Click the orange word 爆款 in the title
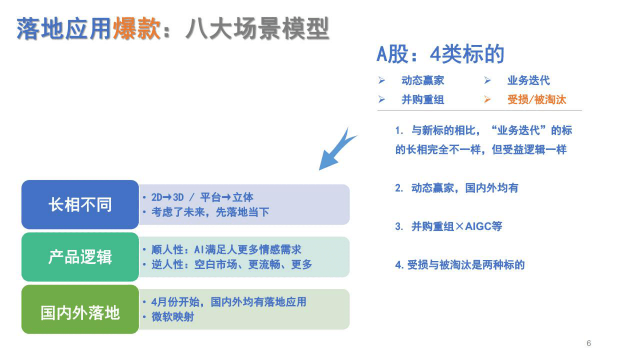[x=137, y=29]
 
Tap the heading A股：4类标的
[x=440, y=54]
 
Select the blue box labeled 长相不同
[x=80, y=205]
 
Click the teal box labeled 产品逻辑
[x=80, y=257]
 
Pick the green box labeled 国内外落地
[x=80, y=313]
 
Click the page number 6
[x=588, y=343]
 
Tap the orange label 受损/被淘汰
[x=536, y=100]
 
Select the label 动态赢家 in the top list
[x=423, y=80]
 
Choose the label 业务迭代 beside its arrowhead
[x=528, y=80]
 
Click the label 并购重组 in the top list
[x=423, y=100]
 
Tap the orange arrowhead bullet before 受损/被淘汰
[x=487, y=99]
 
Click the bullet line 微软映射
[x=173, y=317]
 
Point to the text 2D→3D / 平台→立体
[x=202, y=197]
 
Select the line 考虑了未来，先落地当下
[x=210, y=212]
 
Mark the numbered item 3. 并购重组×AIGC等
[x=448, y=226]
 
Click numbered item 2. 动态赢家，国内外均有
[x=457, y=188]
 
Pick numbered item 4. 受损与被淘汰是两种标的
[x=460, y=265]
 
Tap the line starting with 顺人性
[x=226, y=250]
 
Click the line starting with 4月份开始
[x=229, y=302]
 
